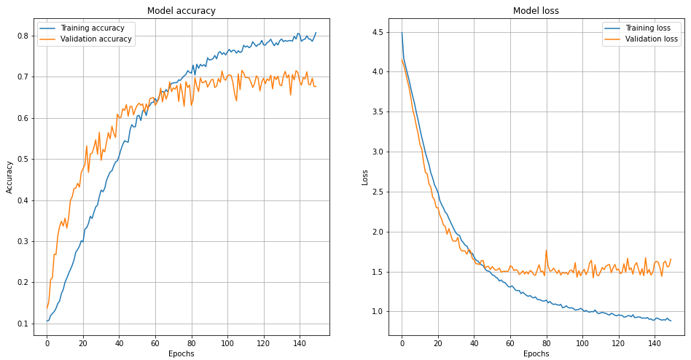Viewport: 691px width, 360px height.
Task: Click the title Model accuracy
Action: pos(181,11)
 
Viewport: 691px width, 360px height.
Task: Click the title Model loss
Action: pos(536,11)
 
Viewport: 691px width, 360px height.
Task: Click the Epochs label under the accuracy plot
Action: pos(181,353)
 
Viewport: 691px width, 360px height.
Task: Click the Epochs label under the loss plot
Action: pos(536,353)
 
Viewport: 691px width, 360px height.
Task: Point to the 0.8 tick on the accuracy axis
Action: pos(22,36)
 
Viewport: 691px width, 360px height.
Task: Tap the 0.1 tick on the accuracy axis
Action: pos(22,324)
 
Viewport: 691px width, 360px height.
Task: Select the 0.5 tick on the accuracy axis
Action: pos(22,159)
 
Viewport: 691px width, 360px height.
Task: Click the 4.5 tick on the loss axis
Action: pos(377,32)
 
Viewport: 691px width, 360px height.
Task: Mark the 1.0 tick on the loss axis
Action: pos(377,312)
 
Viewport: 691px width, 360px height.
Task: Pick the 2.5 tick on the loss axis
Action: pos(377,192)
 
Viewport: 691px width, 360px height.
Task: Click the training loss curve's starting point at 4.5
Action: pos(402,32)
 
